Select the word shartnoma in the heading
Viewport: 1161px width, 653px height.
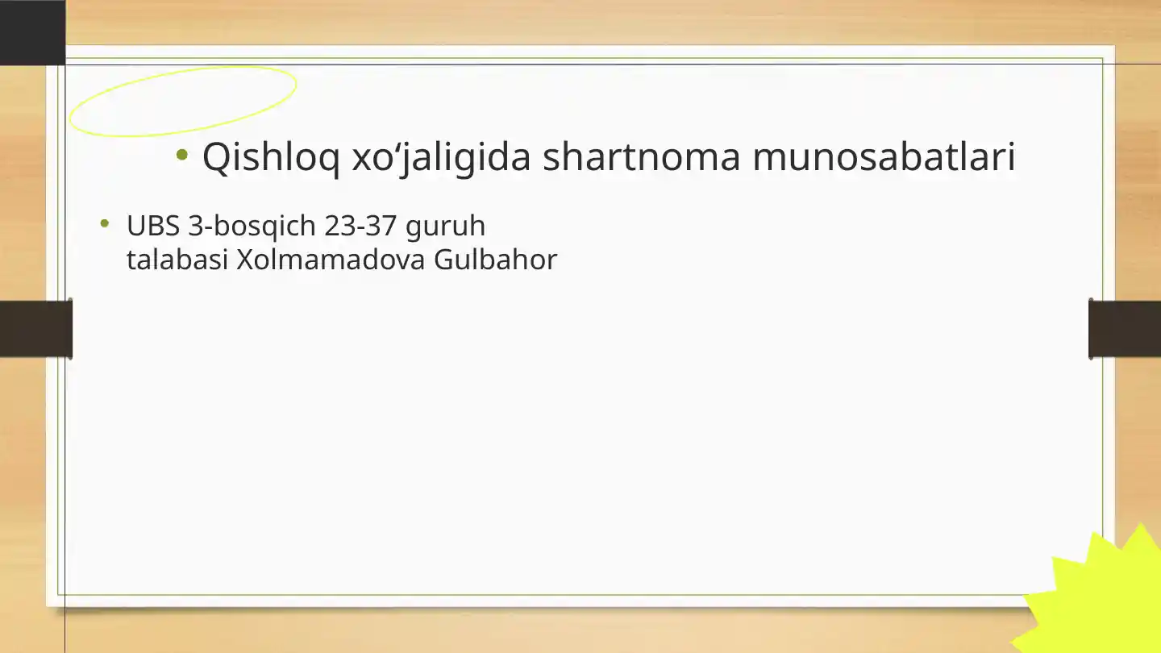click(641, 157)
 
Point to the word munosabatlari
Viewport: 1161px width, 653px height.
click(884, 157)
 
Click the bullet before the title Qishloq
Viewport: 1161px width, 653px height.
click(182, 154)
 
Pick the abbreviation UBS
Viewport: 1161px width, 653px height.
click(152, 227)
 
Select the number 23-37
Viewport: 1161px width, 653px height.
click(360, 227)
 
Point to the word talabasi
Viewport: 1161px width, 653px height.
click(177, 260)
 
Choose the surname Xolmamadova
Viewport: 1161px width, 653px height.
click(331, 260)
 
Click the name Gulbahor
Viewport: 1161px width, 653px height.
click(495, 260)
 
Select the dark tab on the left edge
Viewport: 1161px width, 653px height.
click(35, 328)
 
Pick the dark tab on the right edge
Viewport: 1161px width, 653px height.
click(1125, 328)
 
